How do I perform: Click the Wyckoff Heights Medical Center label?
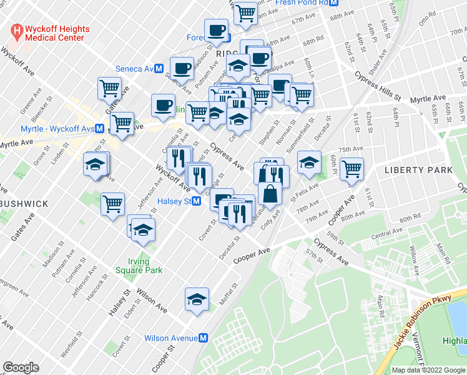tap(57, 33)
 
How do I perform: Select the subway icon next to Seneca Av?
tap(159, 69)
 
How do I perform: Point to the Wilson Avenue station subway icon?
tap(203, 338)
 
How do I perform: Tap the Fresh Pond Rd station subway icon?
tap(334, 2)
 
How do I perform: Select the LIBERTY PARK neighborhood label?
tap(418, 170)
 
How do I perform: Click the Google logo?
tap(21, 367)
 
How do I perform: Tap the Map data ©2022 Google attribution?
tap(428, 370)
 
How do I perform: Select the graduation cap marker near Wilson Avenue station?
tap(197, 299)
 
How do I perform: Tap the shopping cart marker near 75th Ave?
tap(352, 167)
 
